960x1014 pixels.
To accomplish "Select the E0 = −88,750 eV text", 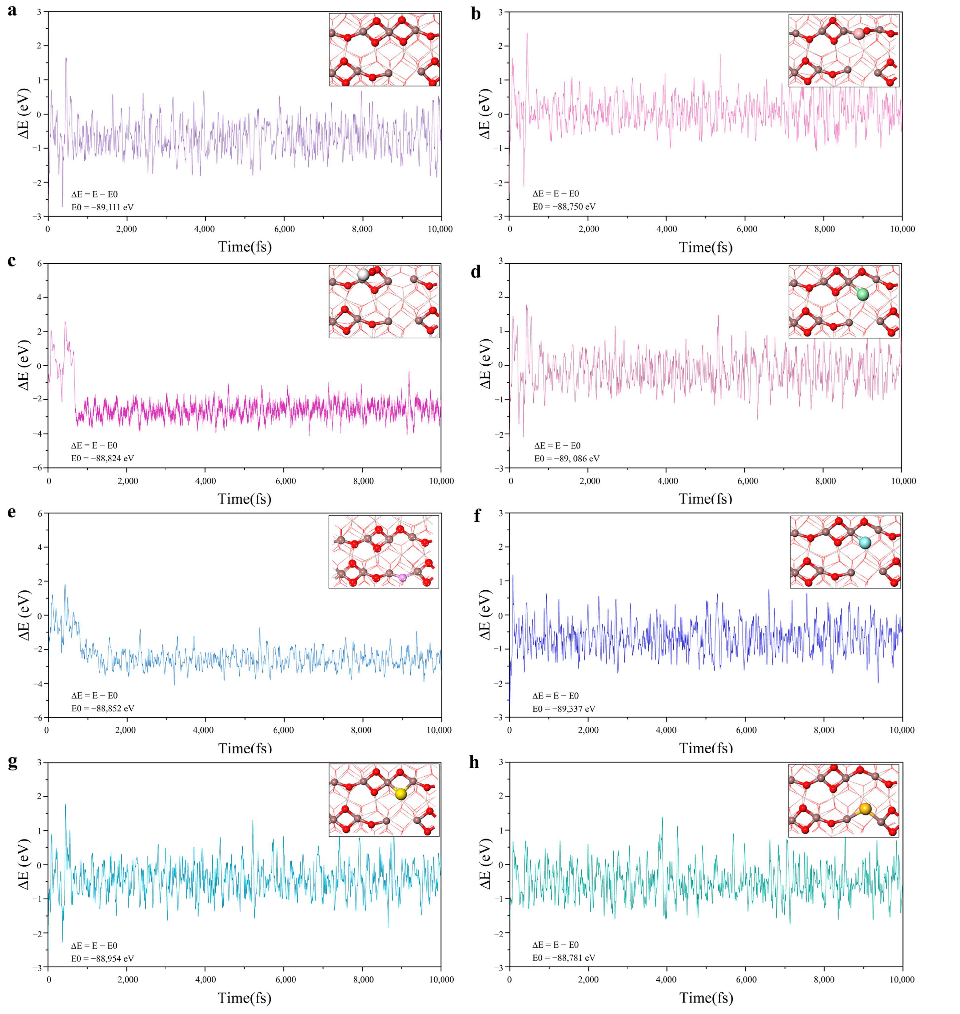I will click(563, 206).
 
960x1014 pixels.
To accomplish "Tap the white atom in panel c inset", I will click(363, 275).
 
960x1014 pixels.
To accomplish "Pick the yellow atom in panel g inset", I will click(401, 794).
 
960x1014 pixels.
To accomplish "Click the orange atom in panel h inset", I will click(865, 809).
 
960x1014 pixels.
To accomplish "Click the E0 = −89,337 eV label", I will click(563, 708).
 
